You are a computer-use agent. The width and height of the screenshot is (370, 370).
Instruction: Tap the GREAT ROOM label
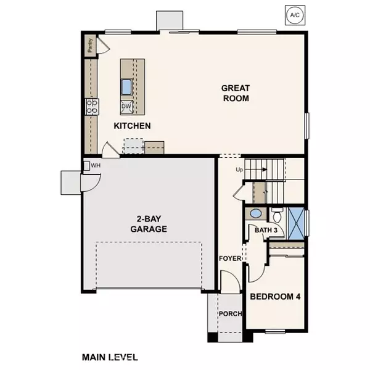coord(236,93)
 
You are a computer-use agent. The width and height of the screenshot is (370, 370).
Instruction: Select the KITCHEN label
coord(133,126)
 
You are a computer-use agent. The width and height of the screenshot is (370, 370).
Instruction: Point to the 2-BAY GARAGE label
coord(149,223)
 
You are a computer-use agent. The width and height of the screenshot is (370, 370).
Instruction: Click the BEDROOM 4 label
coord(275,297)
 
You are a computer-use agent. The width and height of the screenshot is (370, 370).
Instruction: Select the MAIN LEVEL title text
coord(110,356)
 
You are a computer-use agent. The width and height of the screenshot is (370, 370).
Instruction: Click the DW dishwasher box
coord(126,107)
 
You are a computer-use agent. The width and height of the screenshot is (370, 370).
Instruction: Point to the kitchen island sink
coord(126,86)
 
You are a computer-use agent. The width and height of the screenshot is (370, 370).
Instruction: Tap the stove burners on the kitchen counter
coord(92,107)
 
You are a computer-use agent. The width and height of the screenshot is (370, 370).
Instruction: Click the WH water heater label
coord(96,165)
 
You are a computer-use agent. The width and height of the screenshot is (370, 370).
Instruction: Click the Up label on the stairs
coord(239,169)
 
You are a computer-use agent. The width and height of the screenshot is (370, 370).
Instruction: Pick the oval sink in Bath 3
coord(255,214)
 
